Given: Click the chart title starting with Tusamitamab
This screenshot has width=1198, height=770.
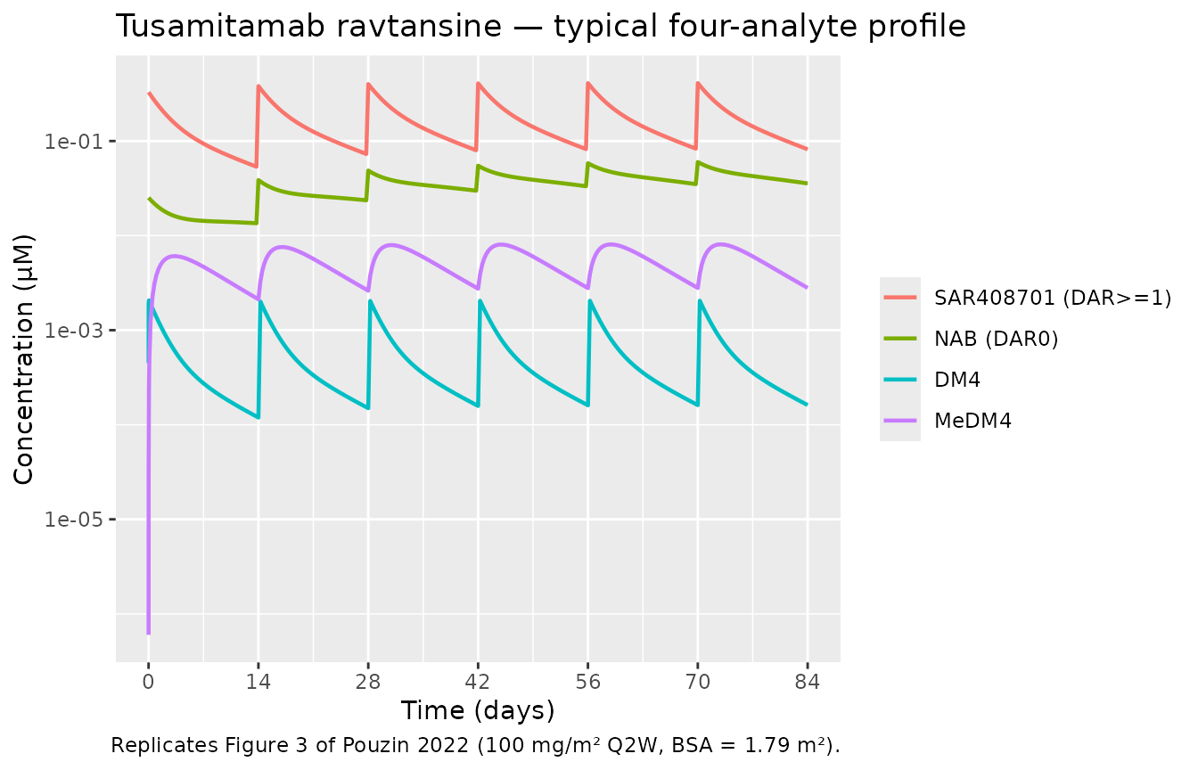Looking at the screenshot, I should pyautogui.click(x=541, y=27).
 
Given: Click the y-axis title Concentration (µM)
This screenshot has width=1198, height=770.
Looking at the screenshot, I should pyautogui.click(x=24, y=359).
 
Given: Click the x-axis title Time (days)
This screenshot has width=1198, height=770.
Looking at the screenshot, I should pyautogui.click(x=478, y=710).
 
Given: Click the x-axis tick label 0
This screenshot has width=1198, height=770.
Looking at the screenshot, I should pyautogui.click(x=148, y=680).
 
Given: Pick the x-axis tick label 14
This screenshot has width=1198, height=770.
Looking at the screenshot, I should pyautogui.click(x=258, y=680).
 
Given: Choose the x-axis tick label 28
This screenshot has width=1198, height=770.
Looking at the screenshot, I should pyautogui.click(x=368, y=680).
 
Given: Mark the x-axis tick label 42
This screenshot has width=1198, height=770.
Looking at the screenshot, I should pyautogui.click(x=478, y=680).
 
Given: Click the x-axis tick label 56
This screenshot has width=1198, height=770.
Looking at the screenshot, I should pyautogui.click(x=587, y=680).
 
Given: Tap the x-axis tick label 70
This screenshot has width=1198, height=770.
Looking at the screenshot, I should pyautogui.click(x=697, y=680).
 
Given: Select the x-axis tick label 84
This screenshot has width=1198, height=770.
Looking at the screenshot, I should pyautogui.click(x=808, y=680).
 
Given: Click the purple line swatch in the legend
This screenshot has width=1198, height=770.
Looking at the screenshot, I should pyautogui.click(x=900, y=422).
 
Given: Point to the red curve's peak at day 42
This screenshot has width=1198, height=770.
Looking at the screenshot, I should pyautogui.click(x=479, y=84).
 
